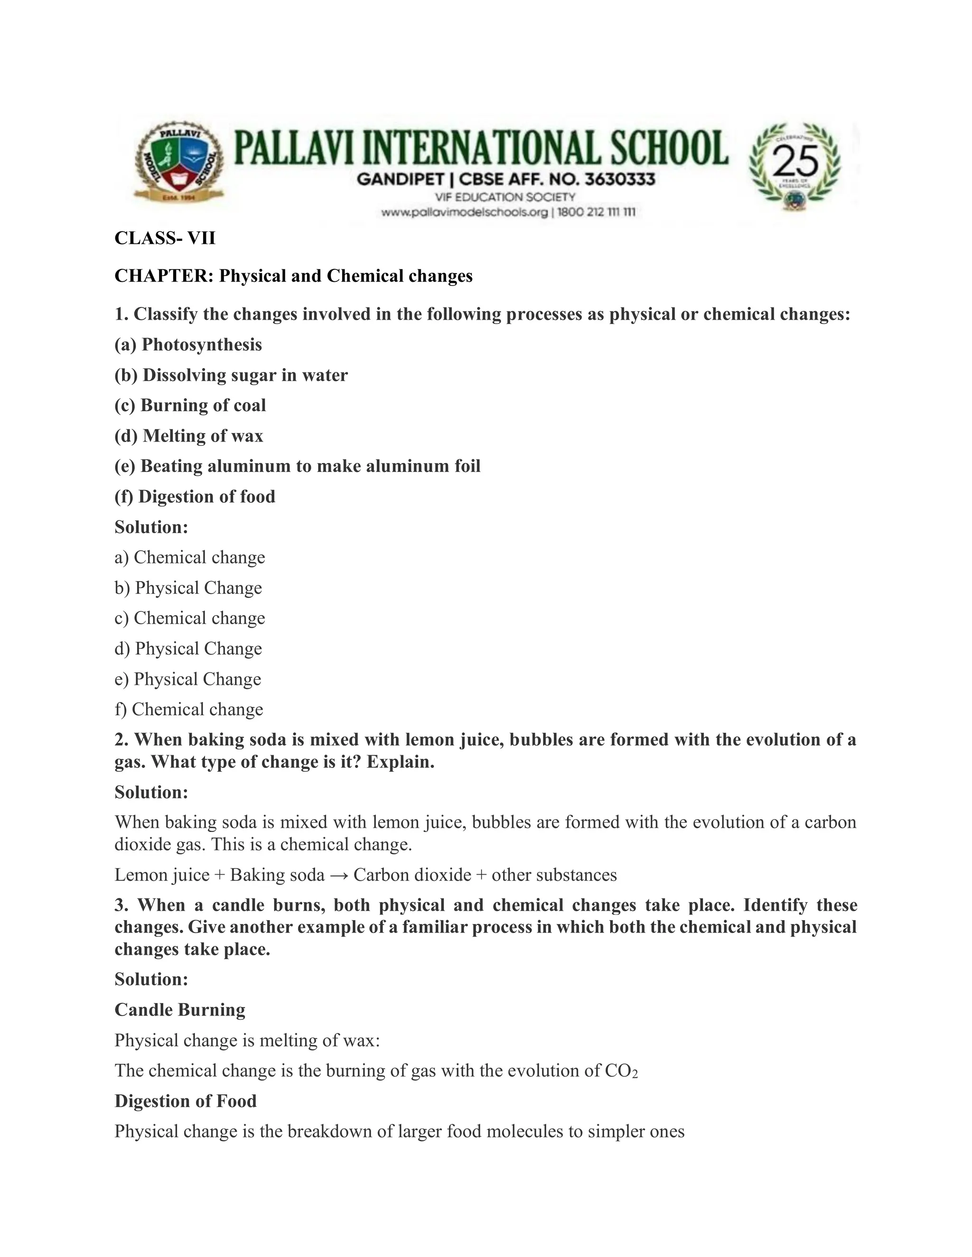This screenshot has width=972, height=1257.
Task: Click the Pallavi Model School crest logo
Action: pos(178,165)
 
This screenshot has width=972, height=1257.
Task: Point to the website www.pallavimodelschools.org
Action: pos(464,213)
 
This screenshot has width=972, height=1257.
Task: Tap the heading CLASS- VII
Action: pos(165,238)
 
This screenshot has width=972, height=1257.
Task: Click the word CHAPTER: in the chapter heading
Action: pos(164,276)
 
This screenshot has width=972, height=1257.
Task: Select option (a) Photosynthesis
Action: pos(188,345)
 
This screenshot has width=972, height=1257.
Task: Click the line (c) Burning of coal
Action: pos(190,405)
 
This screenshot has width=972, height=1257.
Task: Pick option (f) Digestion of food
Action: pos(195,497)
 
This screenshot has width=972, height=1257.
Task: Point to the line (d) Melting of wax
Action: pos(189,436)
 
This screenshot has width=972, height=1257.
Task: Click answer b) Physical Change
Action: pos(188,588)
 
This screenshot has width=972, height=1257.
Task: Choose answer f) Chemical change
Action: pos(189,710)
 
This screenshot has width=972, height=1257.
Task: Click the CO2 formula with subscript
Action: pos(621,1071)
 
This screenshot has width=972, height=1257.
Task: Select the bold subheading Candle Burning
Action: pos(180,1010)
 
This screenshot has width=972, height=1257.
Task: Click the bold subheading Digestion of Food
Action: pos(186,1101)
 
